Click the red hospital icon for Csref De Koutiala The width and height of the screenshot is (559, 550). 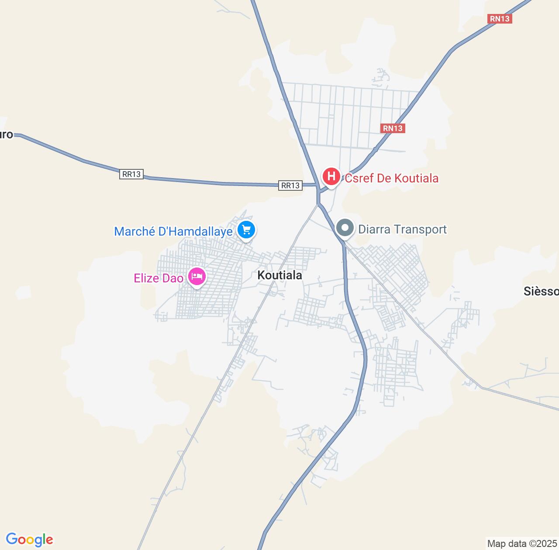[331, 177]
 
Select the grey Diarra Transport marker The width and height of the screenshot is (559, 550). [345, 228]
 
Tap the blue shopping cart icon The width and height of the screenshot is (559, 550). [246, 229]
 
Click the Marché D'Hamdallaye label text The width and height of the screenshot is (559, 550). [173, 231]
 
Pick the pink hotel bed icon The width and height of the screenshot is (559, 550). [197, 276]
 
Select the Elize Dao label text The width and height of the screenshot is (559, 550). [158, 278]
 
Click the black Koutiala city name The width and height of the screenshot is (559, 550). [279, 275]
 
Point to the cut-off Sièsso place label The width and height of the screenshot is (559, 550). [541, 291]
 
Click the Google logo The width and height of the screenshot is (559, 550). [29, 540]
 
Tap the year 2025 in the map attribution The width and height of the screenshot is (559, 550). [544, 544]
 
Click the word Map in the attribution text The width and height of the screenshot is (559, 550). [497, 544]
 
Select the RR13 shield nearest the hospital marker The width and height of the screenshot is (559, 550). [290, 186]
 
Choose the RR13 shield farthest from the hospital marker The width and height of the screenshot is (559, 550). [131, 174]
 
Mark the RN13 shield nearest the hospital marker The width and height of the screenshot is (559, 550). [393, 128]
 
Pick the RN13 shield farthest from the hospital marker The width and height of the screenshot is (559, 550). [500, 19]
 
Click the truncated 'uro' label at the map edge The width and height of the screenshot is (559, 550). [6, 134]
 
